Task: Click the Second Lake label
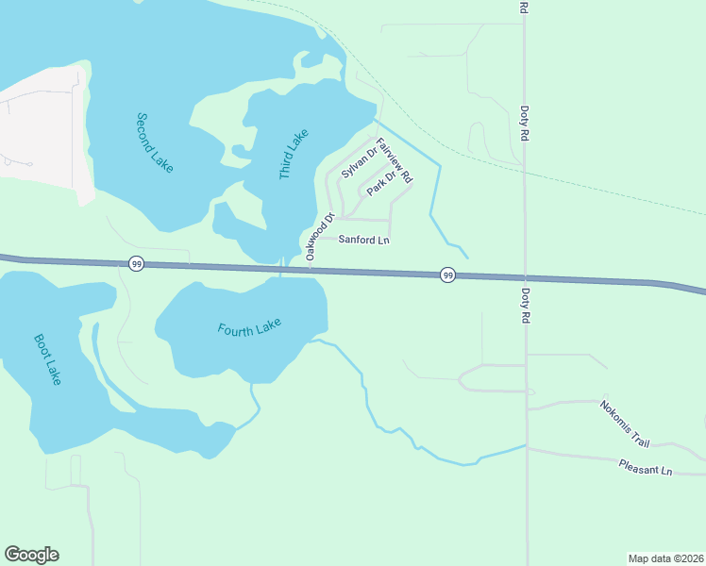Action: click(155, 142)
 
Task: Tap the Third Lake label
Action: click(294, 155)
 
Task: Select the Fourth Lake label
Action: click(249, 328)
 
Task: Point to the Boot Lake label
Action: click(47, 358)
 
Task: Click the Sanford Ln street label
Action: click(364, 241)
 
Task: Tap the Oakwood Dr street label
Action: click(319, 238)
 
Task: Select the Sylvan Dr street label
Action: click(359, 161)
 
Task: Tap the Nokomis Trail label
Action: click(625, 424)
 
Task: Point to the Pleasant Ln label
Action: click(646, 467)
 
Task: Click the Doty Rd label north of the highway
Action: click(524, 122)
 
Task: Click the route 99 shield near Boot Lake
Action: click(137, 265)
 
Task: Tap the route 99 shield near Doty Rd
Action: click(447, 275)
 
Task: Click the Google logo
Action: click(31, 555)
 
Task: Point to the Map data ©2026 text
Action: click(665, 558)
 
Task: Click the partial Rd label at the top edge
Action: click(523, 8)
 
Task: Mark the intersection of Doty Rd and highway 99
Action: click(526, 278)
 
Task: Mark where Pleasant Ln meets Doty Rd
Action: click(527, 449)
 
